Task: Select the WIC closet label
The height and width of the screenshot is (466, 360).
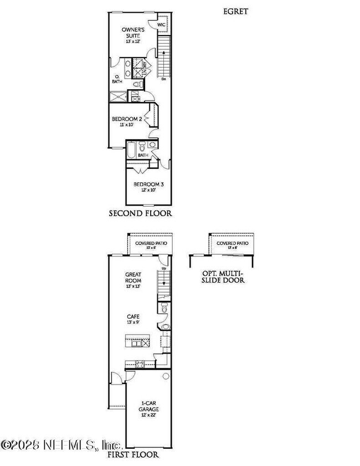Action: pyautogui.click(x=161, y=25)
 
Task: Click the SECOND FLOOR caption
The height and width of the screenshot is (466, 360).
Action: pyautogui.click(x=140, y=213)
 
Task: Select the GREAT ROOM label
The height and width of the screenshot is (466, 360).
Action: pyautogui.click(x=133, y=277)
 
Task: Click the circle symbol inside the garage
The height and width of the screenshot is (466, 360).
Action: pyautogui.click(x=164, y=376)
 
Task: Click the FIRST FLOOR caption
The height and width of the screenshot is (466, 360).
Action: pyautogui.click(x=133, y=454)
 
